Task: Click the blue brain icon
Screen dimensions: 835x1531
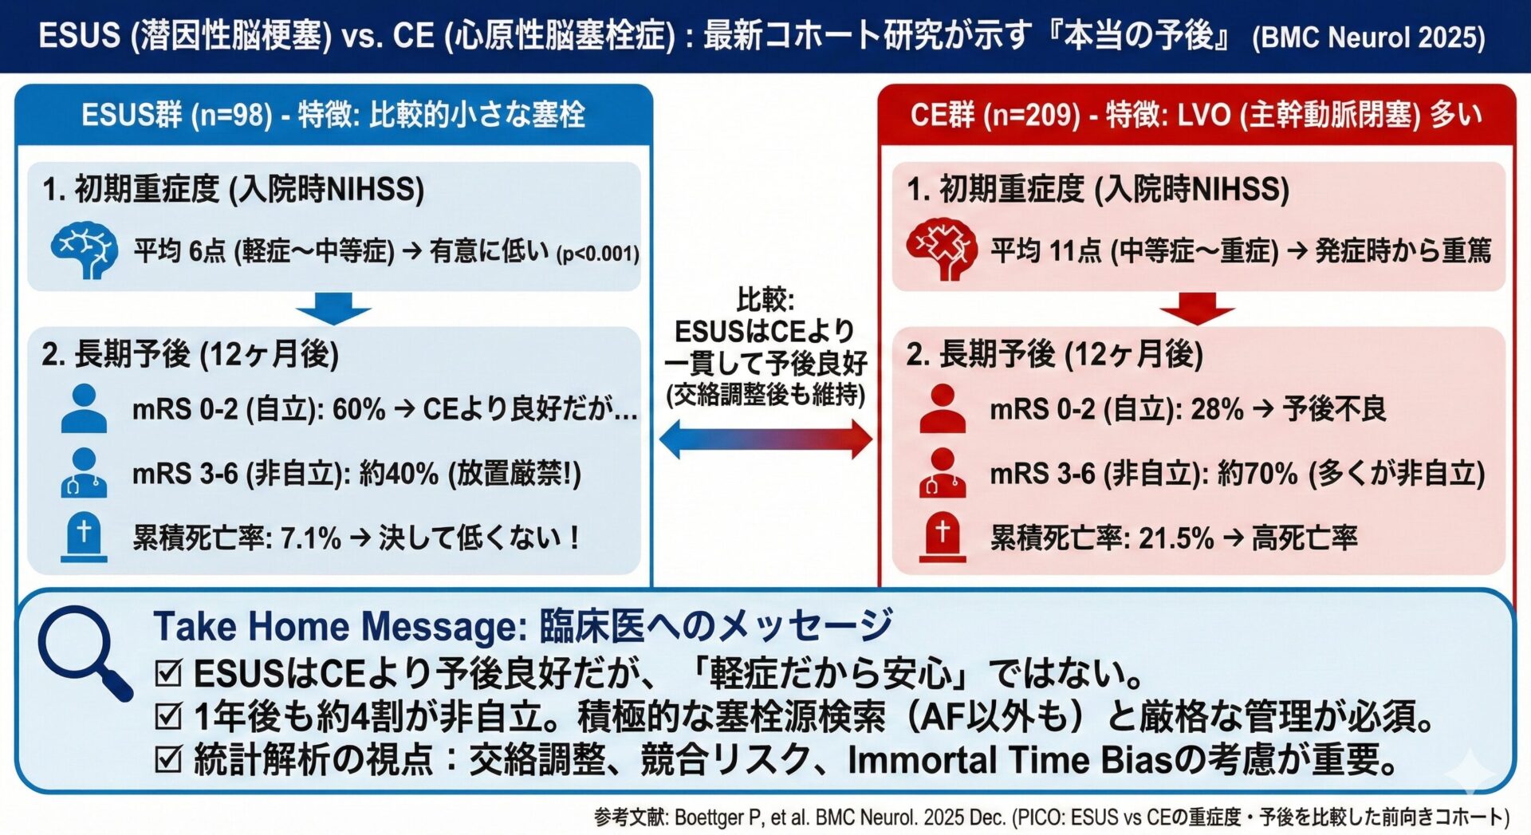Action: pos(84,250)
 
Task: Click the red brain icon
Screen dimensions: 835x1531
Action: pos(941,248)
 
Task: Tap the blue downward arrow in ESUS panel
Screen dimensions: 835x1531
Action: pos(333,308)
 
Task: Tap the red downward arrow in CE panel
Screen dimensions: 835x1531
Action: pos(1197,308)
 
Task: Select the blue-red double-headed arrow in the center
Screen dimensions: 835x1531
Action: pos(765,439)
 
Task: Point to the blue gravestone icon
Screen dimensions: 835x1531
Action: pos(84,537)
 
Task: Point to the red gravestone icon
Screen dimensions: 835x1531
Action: pos(942,537)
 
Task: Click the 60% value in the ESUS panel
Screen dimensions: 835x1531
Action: pos(359,409)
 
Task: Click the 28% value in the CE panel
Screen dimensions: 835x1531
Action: pos(1217,409)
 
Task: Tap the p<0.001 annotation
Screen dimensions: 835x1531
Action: pos(598,254)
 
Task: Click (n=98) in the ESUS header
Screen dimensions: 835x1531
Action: pos(232,115)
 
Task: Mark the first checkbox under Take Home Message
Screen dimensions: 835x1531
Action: pos(168,673)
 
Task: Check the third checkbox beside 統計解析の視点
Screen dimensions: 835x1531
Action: pos(168,759)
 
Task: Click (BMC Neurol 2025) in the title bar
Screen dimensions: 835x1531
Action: pos(1368,37)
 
